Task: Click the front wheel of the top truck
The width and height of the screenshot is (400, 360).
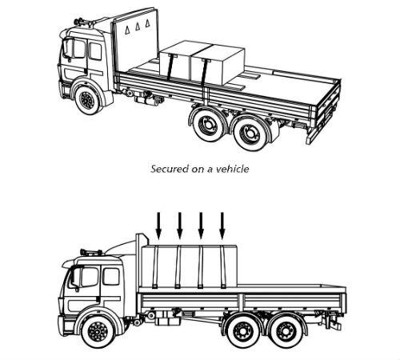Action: [87, 100]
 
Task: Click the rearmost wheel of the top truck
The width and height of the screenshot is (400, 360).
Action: [250, 134]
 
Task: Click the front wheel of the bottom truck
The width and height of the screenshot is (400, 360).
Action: [98, 331]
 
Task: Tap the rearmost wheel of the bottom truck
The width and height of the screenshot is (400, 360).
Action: [285, 331]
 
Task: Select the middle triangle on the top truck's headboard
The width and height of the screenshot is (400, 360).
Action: [138, 27]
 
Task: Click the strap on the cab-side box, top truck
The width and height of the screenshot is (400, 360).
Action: [170, 67]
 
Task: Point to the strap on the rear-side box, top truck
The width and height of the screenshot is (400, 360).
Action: [205, 73]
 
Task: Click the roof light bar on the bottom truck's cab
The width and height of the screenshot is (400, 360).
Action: [91, 252]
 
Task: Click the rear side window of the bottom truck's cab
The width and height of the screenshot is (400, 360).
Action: [111, 277]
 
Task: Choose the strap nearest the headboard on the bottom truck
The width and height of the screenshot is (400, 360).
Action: [155, 267]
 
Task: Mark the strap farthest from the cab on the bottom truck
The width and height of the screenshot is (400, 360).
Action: [223, 267]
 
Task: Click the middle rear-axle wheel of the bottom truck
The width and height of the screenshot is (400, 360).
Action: [242, 331]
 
